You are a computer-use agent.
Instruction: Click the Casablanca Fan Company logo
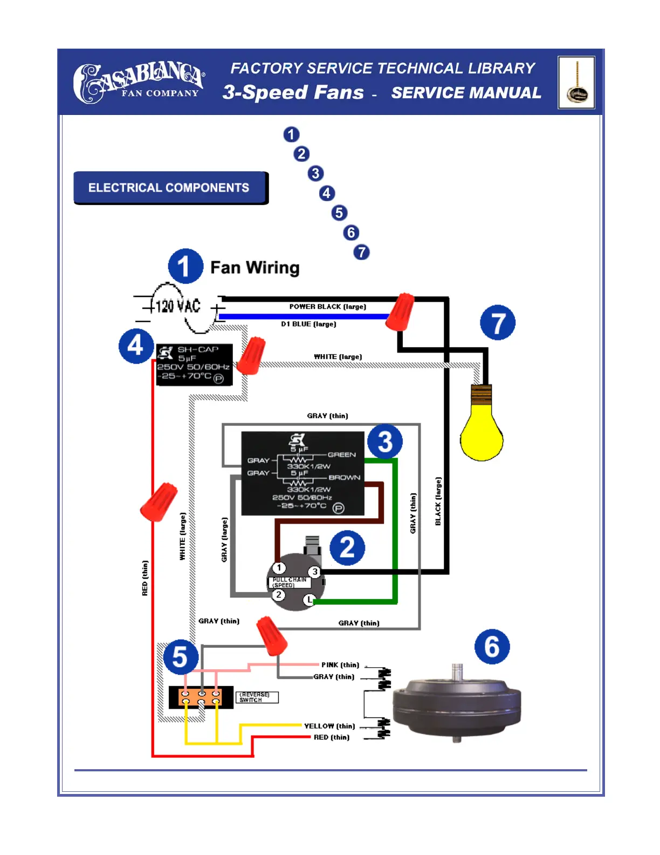click(x=139, y=83)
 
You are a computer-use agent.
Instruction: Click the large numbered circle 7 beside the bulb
click(x=497, y=323)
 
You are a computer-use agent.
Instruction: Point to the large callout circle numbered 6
click(x=492, y=647)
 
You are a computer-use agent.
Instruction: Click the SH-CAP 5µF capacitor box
click(x=194, y=365)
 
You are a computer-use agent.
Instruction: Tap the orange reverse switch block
click(x=201, y=697)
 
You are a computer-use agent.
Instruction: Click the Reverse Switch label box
click(x=257, y=697)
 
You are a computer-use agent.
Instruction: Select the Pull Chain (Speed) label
click(x=290, y=582)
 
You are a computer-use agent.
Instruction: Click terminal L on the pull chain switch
click(x=309, y=600)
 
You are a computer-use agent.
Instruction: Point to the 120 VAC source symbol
click(x=178, y=307)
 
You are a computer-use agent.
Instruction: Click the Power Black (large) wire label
click(x=327, y=307)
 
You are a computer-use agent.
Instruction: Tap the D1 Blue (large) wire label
click(x=308, y=324)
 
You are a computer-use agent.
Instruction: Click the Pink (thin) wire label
click(x=340, y=665)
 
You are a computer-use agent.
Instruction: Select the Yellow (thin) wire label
click(x=329, y=726)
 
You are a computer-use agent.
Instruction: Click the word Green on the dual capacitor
click(x=341, y=454)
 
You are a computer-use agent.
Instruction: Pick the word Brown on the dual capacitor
click(x=344, y=477)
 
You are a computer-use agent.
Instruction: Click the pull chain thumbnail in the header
click(x=576, y=83)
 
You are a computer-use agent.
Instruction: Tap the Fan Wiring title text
click(x=255, y=268)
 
